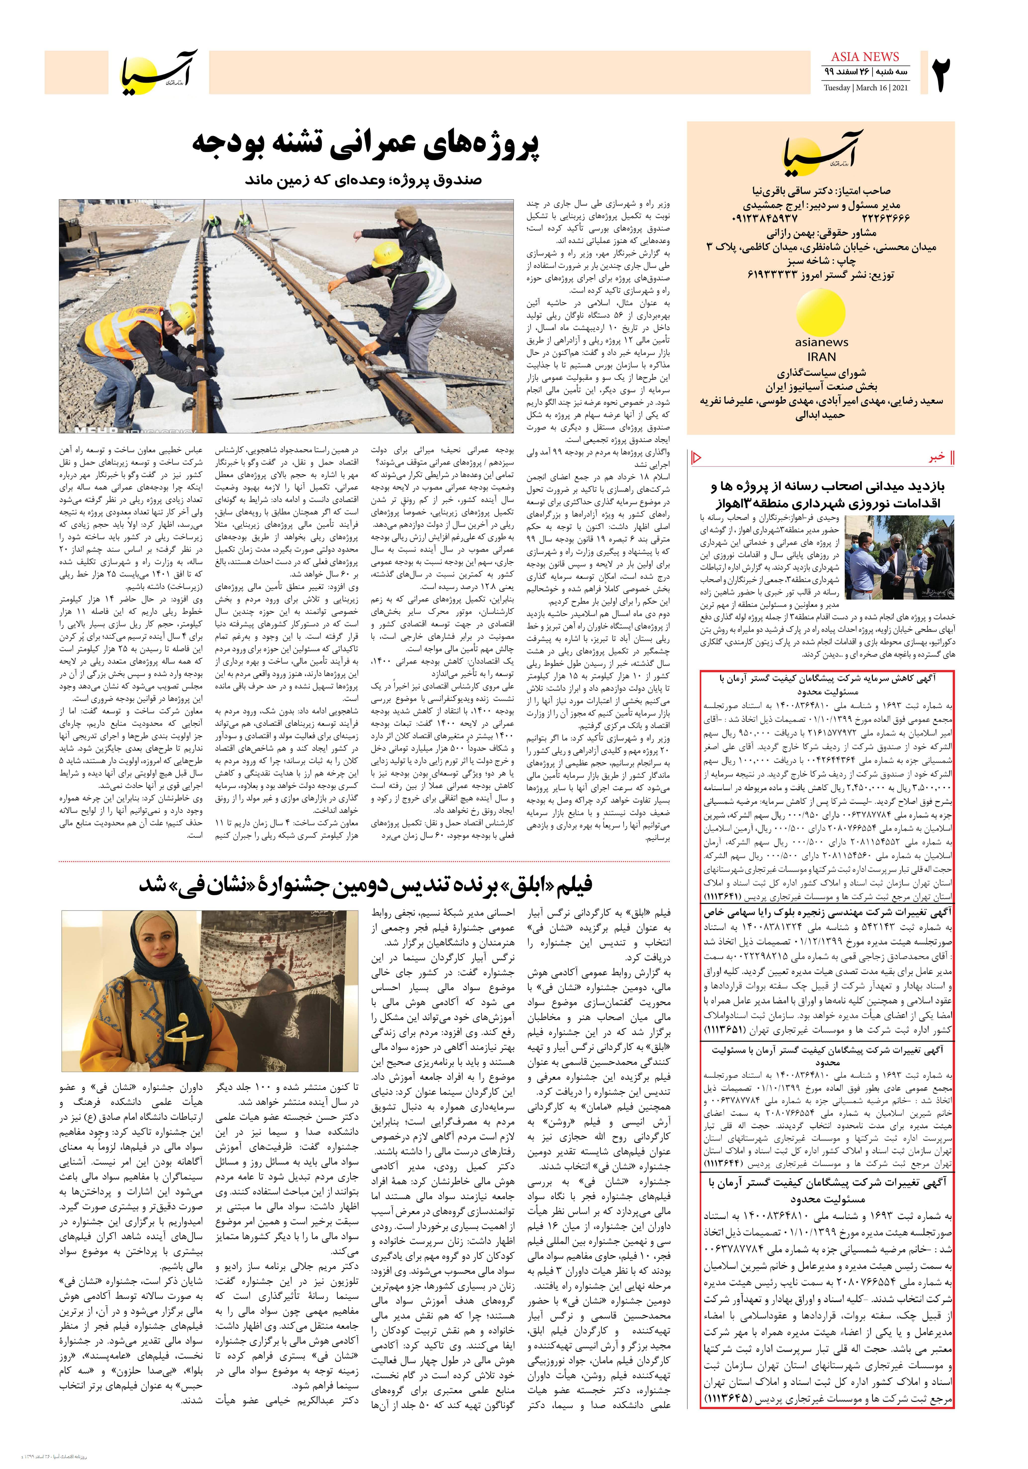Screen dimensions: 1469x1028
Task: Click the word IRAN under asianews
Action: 821,357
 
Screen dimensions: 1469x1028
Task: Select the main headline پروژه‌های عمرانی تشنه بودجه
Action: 367,147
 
